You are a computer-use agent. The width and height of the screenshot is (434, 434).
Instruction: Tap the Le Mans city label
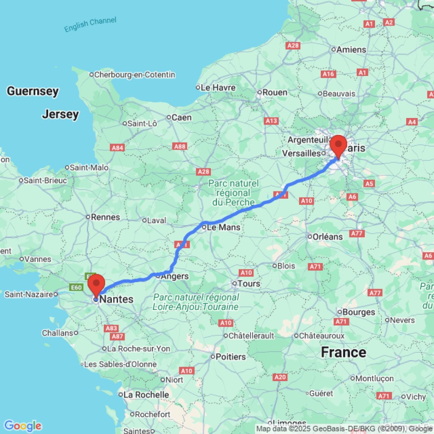point(224,227)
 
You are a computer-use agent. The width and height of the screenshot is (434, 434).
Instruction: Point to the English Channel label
point(90,24)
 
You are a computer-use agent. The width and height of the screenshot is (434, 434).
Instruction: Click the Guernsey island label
point(33,91)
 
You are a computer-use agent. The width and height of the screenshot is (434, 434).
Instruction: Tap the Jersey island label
point(60,115)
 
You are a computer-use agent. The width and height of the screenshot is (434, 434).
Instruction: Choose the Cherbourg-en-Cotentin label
point(135,75)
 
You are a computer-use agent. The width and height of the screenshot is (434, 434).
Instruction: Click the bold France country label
point(343,352)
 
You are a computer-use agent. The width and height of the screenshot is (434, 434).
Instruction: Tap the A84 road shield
point(118,148)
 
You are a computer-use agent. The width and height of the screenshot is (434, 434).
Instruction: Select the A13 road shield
point(272,121)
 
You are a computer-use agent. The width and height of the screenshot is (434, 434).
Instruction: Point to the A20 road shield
point(280,377)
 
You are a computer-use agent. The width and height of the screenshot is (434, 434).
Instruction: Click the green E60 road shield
point(76,287)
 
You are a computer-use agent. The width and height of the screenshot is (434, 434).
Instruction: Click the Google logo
point(23,426)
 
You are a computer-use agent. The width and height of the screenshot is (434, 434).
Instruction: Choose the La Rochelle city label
point(146,395)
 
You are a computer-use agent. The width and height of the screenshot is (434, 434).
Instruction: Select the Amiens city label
point(352,50)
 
